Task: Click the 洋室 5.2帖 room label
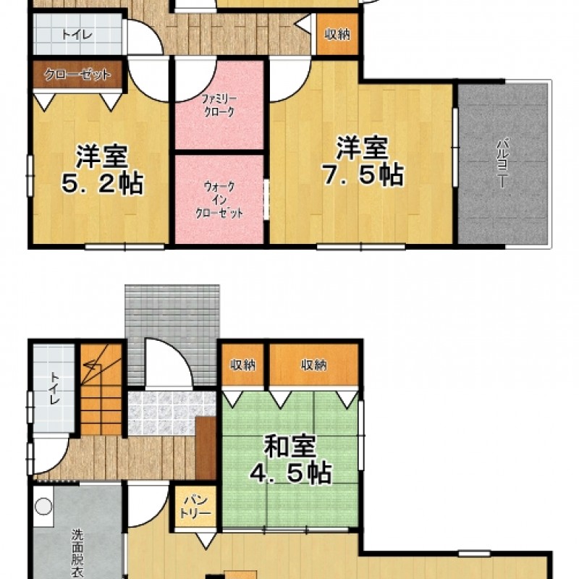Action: click(x=102, y=170)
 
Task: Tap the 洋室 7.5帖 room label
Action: click(x=363, y=161)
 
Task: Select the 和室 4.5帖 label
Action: click(x=290, y=460)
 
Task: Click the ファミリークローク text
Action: click(x=219, y=105)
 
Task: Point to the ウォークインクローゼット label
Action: click(x=219, y=200)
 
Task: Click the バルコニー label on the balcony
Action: click(x=502, y=162)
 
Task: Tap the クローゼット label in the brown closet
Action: click(x=77, y=75)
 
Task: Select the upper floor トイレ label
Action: click(x=77, y=35)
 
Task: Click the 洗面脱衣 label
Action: click(x=77, y=553)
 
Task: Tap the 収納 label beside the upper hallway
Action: click(x=337, y=34)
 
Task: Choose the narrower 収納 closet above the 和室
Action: click(x=242, y=365)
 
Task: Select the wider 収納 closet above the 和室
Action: click(x=313, y=365)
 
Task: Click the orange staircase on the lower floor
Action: click(x=101, y=389)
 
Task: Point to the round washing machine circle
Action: click(x=43, y=506)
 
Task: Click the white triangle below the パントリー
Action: click(x=206, y=540)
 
